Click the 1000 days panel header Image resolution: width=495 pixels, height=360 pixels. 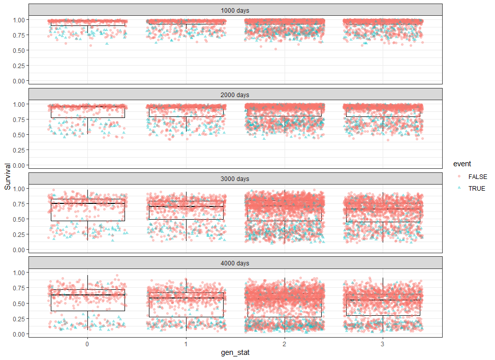(x=235, y=10)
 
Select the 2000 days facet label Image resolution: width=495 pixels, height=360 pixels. (x=235, y=95)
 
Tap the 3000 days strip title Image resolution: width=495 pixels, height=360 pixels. (x=235, y=178)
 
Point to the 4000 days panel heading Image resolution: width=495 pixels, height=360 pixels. (x=235, y=263)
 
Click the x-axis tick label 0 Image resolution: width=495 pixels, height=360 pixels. (x=87, y=343)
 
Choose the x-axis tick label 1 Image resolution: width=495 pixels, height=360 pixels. (x=186, y=343)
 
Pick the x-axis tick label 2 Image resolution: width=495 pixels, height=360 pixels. (x=285, y=343)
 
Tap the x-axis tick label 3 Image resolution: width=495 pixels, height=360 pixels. (x=383, y=343)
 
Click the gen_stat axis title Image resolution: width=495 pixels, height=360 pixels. (x=235, y=352)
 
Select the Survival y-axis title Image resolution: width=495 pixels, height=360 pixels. (x=8, y=176)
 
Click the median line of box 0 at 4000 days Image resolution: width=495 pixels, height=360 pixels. (x=87, y=295)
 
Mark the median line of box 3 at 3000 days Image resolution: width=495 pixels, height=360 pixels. (x=383, y=209)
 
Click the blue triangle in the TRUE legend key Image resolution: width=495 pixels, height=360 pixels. (x=459, y=188)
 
